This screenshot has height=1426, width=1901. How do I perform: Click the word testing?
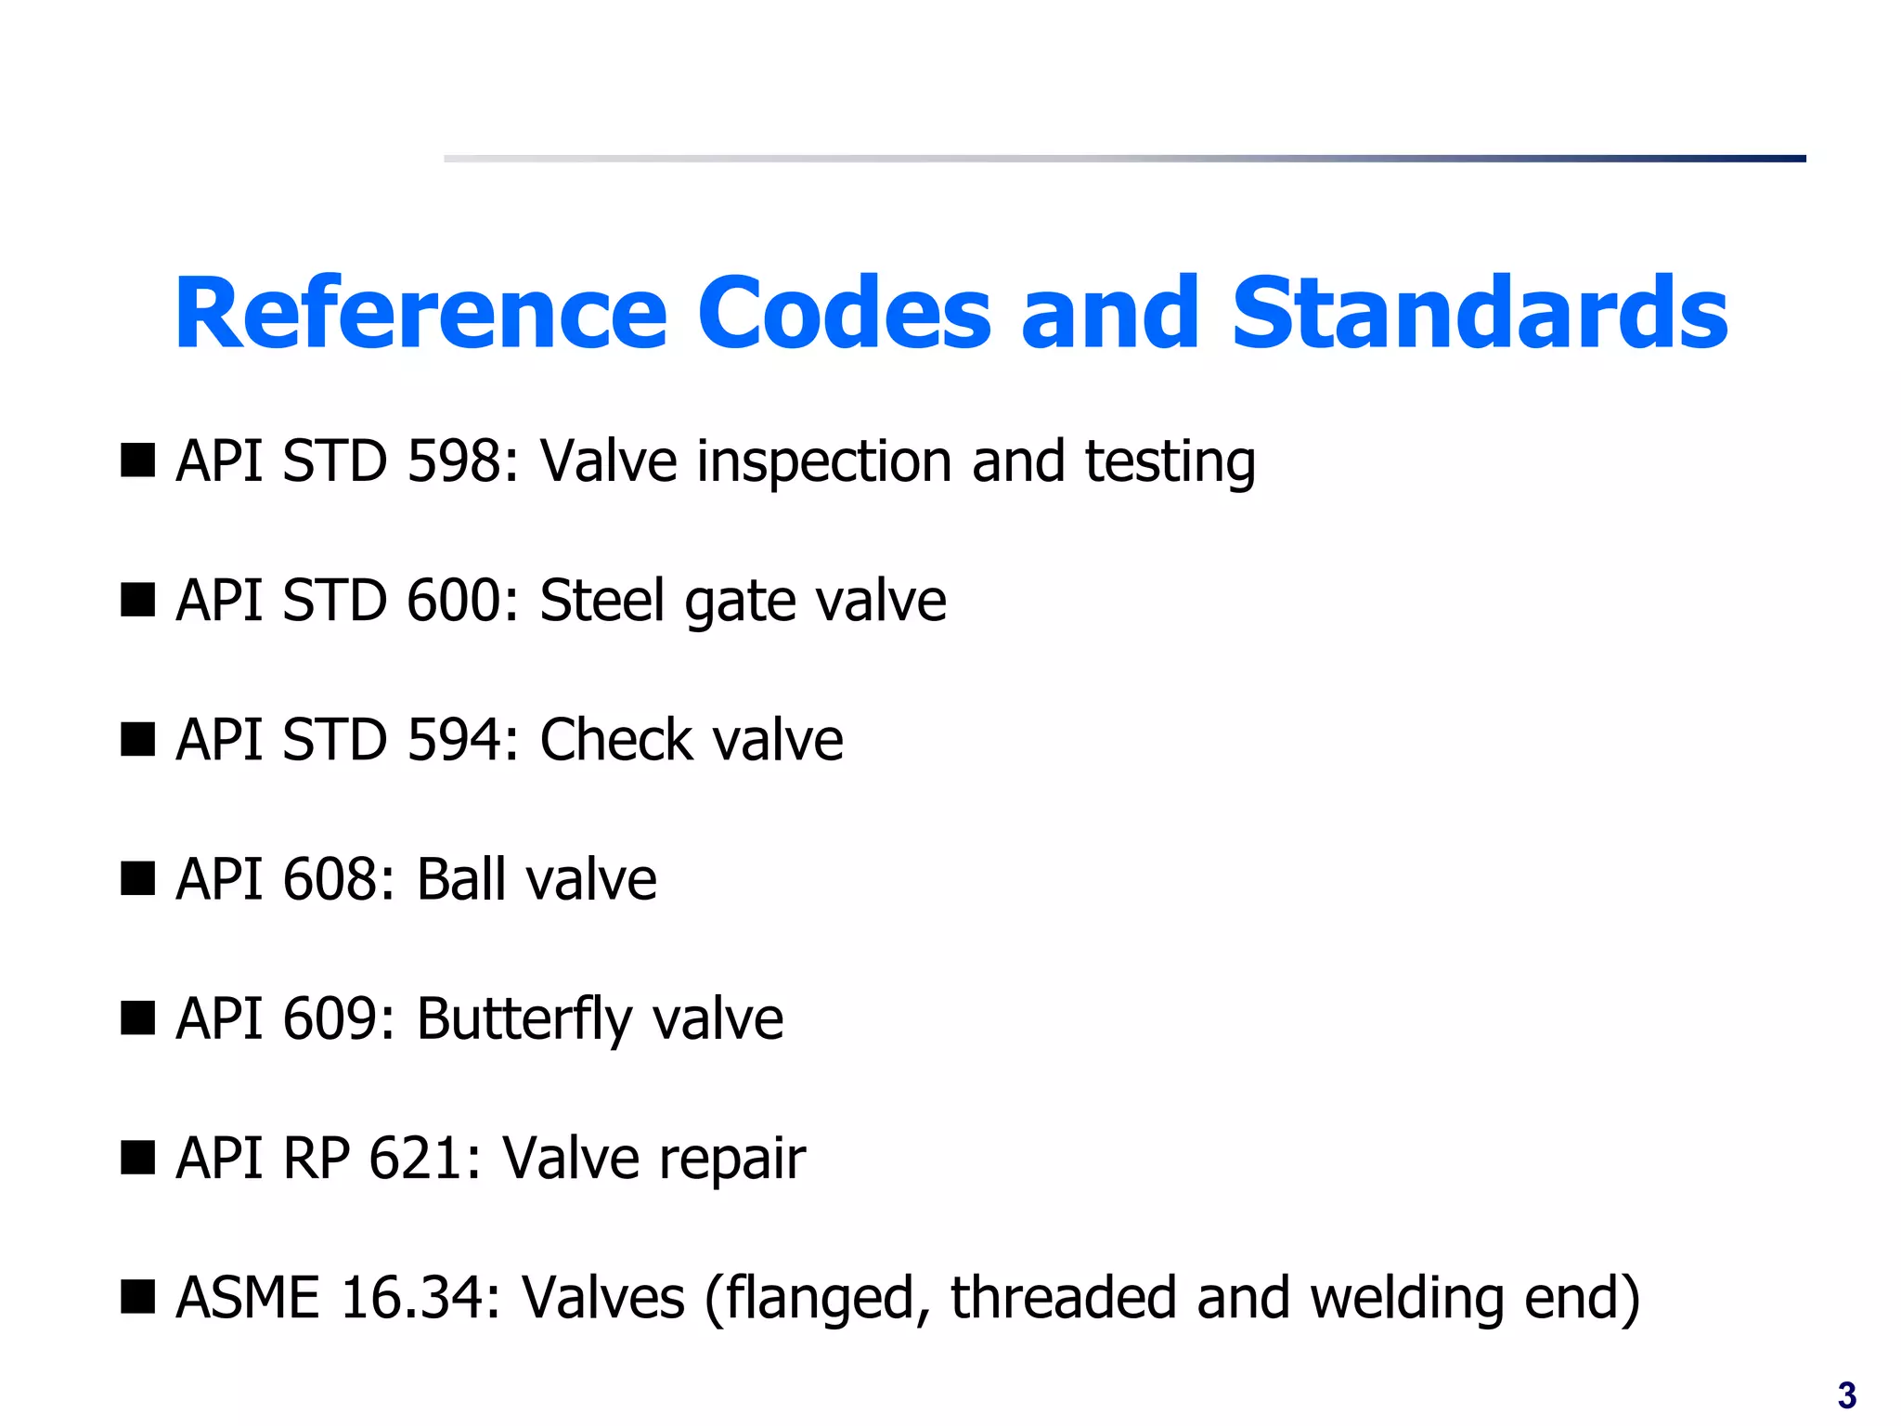coord(1170,462)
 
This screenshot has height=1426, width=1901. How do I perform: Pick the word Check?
coord(615,740)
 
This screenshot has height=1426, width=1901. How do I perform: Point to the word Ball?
coord(460,879)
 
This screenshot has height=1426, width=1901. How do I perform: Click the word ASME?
coord(248,1298)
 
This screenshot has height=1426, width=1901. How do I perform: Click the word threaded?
coord(1063,1298)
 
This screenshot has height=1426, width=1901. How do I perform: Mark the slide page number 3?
coord(1846,1395)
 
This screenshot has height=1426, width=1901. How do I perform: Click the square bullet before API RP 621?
coord(137,1158)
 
